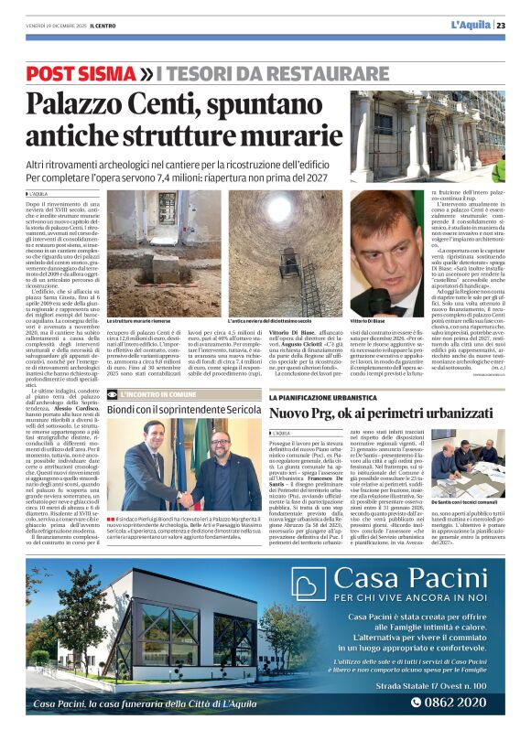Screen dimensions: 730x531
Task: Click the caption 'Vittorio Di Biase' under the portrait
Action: click(368, 324)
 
